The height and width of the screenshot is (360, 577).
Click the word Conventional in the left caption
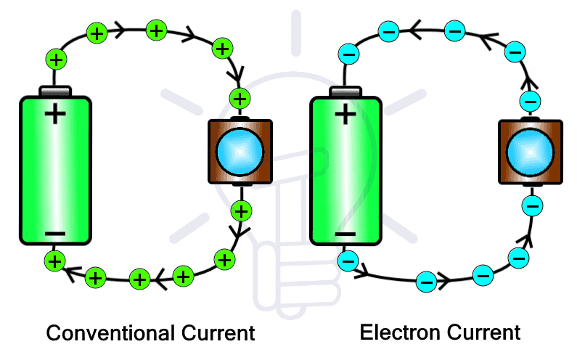tap(110, 333)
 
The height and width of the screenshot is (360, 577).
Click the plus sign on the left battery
tap(55, 114)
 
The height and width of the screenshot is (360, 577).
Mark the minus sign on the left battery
tap(54, 234)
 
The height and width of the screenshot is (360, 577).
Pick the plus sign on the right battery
tap(345, 114)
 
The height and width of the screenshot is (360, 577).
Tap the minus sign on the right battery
tap(345, 234)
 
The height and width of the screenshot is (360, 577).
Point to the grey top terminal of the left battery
tap(55, 91)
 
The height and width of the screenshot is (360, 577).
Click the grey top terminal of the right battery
tap(345, 91)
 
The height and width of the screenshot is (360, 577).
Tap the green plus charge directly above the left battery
tap(55, 59)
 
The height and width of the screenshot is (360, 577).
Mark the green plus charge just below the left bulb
tap(240, 211)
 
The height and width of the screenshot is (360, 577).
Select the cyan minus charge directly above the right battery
tap(349, 54)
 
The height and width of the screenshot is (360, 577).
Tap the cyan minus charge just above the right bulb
tap(531, 100)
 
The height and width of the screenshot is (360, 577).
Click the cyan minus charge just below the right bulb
tap(532, 207)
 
